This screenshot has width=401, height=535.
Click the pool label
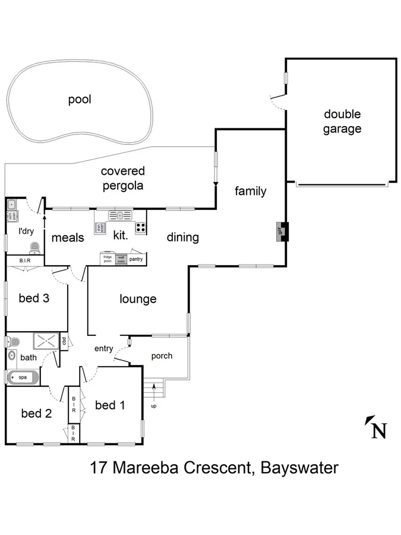[79, 99]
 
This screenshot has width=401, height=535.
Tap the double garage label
[342, 121]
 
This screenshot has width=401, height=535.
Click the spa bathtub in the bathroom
[23, 377]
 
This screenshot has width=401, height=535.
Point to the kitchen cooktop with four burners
[141, 227]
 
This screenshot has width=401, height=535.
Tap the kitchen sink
[119, 215]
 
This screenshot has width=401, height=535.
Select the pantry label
[136, 259]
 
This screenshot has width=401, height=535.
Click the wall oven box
[121, 259]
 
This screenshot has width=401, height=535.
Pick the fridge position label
[108, 259]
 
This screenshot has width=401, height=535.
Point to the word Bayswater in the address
[301, 468]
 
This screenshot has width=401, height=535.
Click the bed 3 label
[34, 298]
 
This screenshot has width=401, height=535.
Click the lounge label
[138, 299]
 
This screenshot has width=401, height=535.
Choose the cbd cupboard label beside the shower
[64, 341]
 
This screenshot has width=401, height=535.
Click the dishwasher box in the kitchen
[100, 227]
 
